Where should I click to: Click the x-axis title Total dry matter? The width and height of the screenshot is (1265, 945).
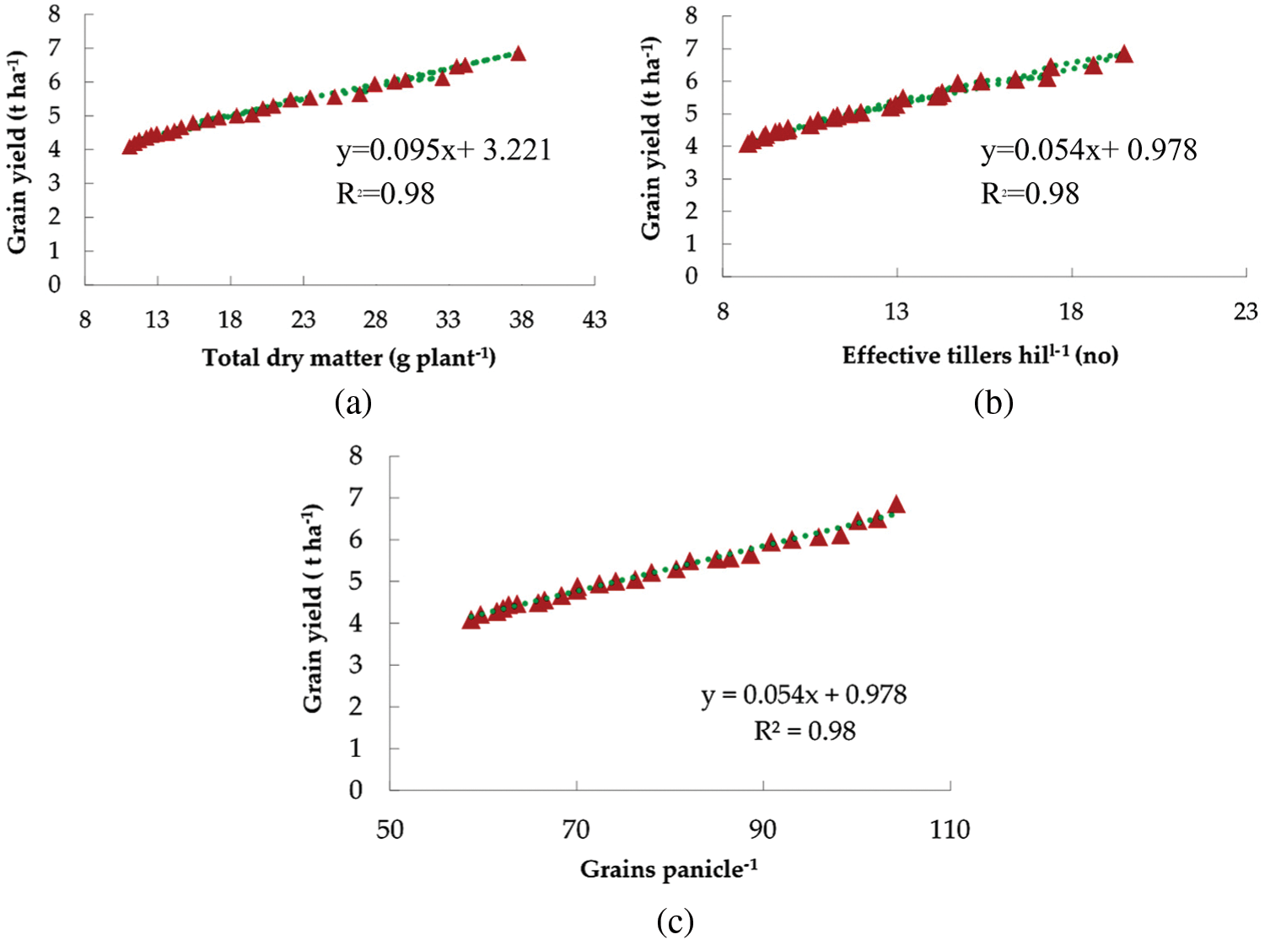coord(348,358)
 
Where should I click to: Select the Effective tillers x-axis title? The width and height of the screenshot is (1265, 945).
coord(980,356)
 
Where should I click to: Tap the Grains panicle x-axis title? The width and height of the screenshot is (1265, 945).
coord(668,869)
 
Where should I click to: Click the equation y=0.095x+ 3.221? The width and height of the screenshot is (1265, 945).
coord(444,150)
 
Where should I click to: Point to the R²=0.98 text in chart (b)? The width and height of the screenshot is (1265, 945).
coord(1030,194)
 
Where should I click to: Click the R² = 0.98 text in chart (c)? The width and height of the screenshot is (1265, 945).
coord(805,731)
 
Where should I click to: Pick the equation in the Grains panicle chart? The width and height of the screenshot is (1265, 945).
coord(804,695)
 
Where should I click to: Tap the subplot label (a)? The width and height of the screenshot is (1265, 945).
coord(353,402)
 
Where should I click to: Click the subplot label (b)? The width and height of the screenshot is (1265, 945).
coord(993,402)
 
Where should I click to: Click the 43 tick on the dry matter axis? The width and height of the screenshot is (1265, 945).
coord(595,319)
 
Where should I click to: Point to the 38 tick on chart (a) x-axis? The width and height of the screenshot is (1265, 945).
coord(521,319)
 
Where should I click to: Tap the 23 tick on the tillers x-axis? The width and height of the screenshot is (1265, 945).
coord(1246,312)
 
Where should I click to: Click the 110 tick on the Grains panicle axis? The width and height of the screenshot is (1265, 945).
coord(950,830)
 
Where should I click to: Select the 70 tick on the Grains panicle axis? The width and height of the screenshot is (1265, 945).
coord(576,830)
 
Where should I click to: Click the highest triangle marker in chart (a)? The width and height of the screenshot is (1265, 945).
coord(519,54)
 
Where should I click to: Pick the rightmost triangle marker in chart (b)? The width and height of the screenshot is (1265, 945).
coord(1123,55)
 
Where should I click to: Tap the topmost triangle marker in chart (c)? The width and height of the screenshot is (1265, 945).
coord(896,504)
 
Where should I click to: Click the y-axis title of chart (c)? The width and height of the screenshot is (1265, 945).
coord(313,608)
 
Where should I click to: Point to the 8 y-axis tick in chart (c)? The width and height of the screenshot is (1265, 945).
coord(356,456)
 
